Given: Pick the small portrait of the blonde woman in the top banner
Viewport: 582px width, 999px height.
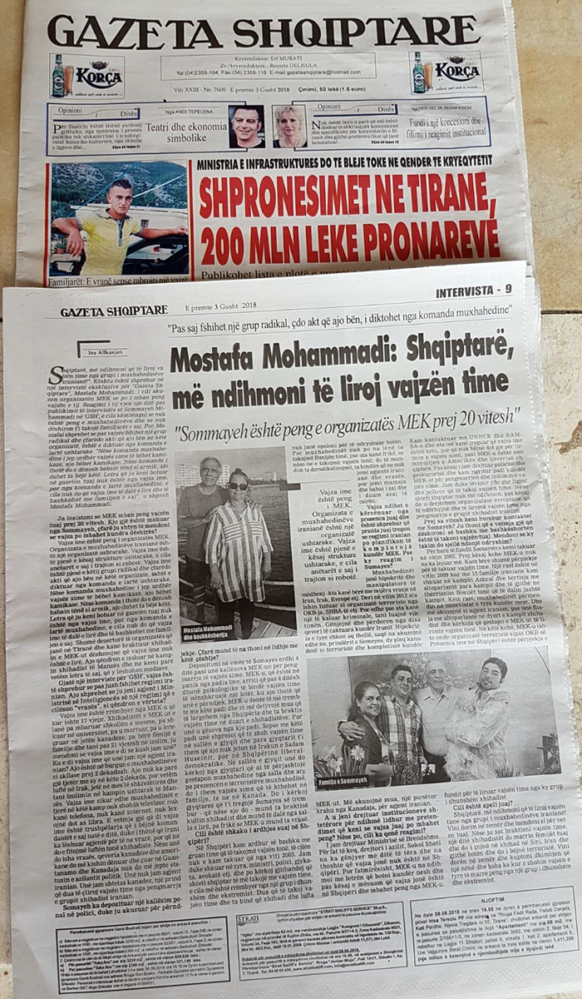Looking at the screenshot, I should click(x=289, y=126).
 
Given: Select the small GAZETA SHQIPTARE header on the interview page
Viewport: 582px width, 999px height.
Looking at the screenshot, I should click(x=102, y=312).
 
